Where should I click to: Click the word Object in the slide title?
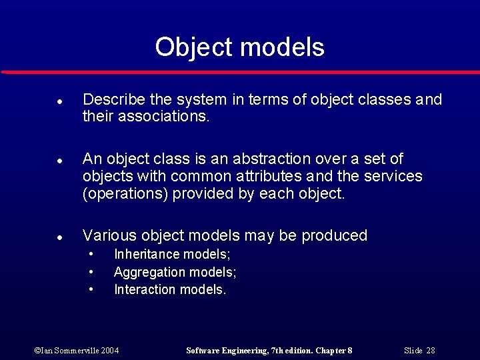pyautogui.click(x=194, y=47)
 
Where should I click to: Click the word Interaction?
pyautogui.click(x=143, y=289)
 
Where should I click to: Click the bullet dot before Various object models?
pyautogui.click(x=59, y=237)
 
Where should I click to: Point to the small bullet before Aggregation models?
pyautogui.click(x=91, y=272)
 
